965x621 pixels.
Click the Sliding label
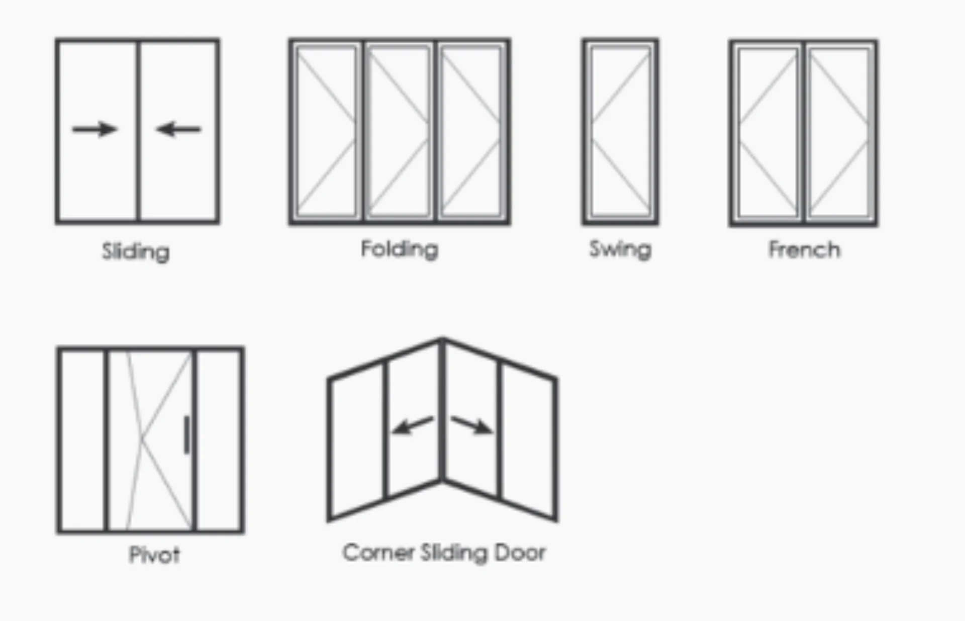point(136,251)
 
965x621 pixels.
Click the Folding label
point(400,249)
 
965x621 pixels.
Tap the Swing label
point(620,249)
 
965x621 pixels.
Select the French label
point(804,250)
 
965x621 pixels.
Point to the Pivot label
point(154,555)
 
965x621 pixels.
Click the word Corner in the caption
point(378,553)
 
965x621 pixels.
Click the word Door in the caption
point(520,553)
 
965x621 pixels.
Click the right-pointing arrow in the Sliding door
point(94,129)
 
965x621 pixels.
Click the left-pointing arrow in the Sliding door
point(178,129)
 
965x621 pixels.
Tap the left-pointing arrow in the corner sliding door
point(412,425)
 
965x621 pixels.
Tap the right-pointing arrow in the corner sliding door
point(471,425)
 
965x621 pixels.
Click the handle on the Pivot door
point(187,435)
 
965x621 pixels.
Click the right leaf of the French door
point(839,133)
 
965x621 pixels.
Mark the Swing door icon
point(620,132)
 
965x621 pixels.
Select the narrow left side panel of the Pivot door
point(82,440)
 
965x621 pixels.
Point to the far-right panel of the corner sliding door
point(528,442)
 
